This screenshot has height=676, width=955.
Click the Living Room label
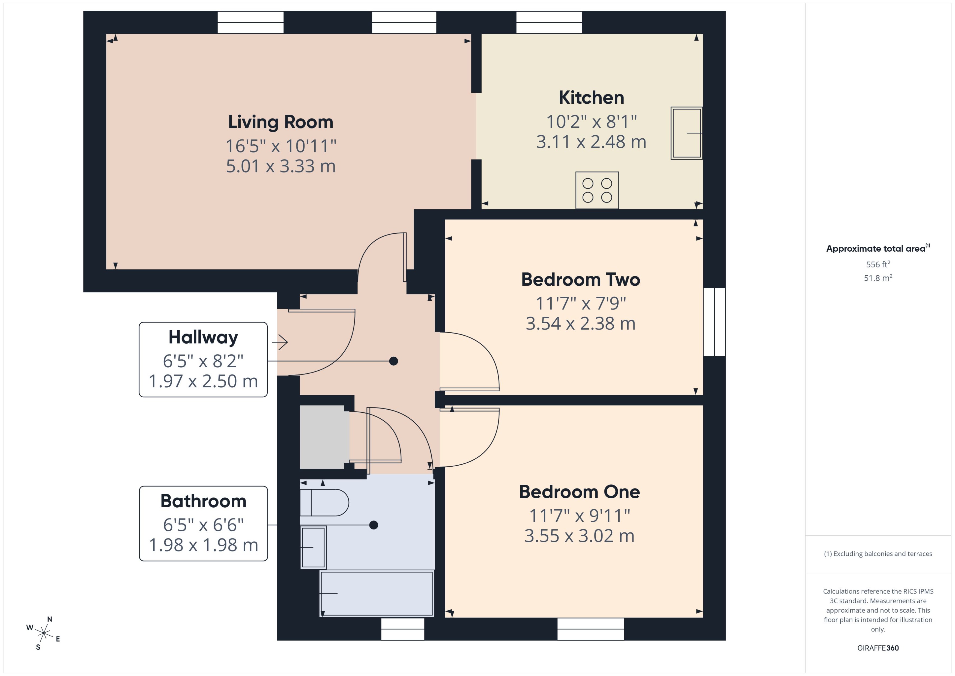click(280, 122)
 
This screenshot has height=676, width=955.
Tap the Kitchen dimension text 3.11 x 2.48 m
click(591, 142)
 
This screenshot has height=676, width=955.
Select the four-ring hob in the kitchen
click(597, 190)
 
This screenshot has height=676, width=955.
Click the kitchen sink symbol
click(686, 133)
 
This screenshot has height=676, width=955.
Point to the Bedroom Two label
click(580, 279)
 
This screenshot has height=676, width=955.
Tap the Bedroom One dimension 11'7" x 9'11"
click(579, 516)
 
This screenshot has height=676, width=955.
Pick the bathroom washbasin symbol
click(313, 547)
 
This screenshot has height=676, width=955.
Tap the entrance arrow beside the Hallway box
click(280, 342)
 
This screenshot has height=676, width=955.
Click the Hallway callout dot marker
click(393, 361)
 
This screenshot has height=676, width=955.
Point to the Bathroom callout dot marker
click(373, 525)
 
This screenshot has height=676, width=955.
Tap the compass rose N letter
click(49, 619)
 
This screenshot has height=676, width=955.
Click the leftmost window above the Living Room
click(250, 22)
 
